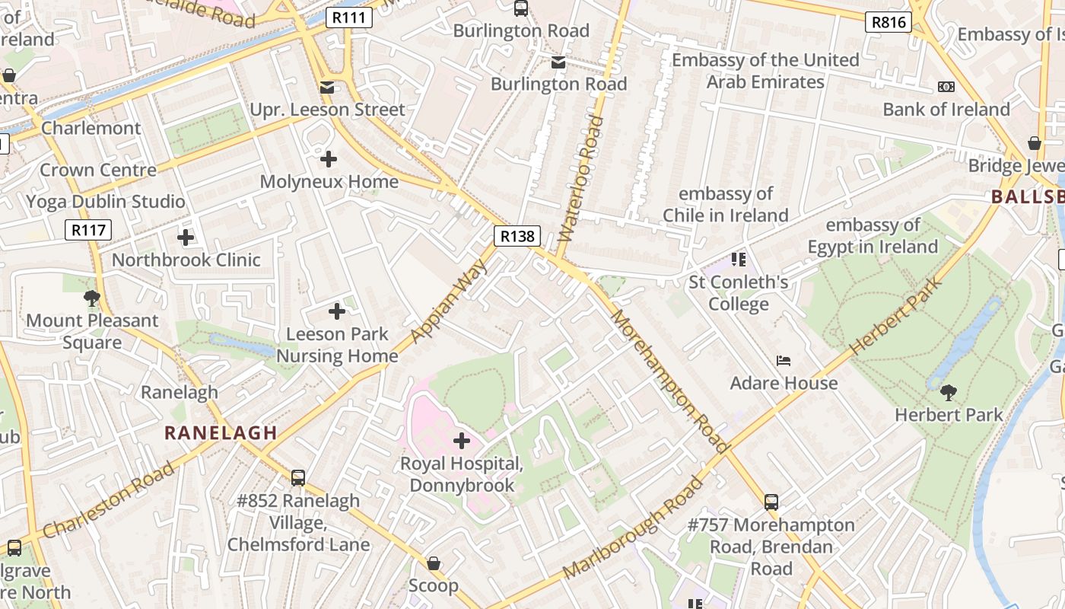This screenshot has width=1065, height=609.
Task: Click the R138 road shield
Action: tap(517, 236)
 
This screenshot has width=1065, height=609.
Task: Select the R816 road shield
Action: tap(888, 22)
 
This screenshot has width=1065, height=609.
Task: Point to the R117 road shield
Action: tap(88, 230)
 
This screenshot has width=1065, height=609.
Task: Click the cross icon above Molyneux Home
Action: tap(329, 159)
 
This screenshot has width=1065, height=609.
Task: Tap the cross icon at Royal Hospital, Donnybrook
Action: tap(462, 440)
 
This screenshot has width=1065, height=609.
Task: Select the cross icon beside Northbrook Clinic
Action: tap(186, 238)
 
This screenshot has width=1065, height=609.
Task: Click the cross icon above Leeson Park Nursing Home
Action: tap(337, 311)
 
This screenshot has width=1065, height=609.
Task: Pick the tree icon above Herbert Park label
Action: tap(948, 393)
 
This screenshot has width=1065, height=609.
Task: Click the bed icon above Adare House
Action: tap(784, 360)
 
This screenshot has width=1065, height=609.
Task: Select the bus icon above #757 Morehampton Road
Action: tap(771, 502)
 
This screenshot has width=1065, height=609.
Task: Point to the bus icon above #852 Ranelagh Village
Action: tap(298, 478)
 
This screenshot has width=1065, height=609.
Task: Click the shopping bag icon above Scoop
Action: tap(434, 563)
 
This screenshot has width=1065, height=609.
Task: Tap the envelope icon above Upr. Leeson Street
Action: tap(327, 88)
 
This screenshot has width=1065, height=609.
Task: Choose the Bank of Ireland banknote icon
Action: tap(946, 87)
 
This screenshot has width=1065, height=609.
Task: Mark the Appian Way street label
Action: tap(448, 301)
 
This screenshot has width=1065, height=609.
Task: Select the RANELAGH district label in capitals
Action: tap(221, 433)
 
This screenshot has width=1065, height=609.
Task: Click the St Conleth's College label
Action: tap(739, 293)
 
